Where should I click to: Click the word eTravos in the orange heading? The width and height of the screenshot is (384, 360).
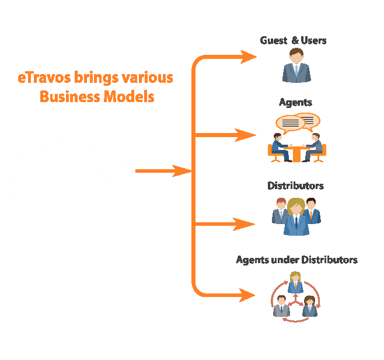[44, 78]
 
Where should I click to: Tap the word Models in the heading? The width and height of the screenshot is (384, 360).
[129, 96]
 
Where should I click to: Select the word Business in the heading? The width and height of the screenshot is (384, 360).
[70, 96]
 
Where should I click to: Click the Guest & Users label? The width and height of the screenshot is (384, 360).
[293, 40]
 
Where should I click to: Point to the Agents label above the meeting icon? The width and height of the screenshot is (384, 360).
[295, 102]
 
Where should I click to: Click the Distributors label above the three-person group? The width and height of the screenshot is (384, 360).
[296, 186]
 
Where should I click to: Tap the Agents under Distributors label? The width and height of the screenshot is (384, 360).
[296, 260]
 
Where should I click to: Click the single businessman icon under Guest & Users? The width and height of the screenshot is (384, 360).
[296, 65]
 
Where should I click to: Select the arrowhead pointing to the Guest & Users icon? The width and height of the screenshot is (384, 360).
[249, 57]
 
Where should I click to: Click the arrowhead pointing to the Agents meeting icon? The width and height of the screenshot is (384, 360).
[245, 135]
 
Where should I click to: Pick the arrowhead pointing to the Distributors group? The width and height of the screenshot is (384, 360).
[244, 224]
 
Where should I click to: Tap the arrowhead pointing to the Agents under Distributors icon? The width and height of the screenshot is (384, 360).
[247, 295]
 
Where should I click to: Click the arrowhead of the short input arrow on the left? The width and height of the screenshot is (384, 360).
[182, 171]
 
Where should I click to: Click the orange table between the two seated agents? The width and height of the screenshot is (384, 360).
[296, 154]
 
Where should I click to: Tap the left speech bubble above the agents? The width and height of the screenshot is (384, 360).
[290, 124]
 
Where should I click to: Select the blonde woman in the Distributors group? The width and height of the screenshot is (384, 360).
[296, 216]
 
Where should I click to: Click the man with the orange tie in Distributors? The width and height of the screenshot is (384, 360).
[312, 211]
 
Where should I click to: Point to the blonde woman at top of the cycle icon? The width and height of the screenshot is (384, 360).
[295, 282]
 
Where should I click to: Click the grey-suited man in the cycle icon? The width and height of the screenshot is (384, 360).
[281, 306]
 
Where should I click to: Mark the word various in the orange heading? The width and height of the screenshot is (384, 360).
[148, 78]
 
